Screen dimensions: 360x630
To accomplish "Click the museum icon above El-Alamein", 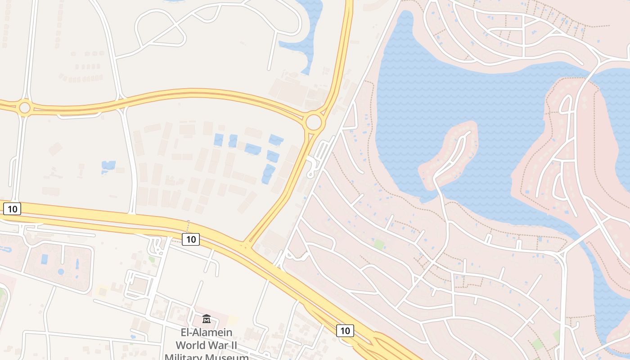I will click(x=207, y=319).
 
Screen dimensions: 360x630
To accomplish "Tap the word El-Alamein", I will click(x=207, y=333).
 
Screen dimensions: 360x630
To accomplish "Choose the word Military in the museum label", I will click(x=186, y=357).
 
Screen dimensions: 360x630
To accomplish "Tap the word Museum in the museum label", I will click(x=229, y=357).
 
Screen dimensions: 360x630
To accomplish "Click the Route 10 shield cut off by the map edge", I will click(x=12, y=209).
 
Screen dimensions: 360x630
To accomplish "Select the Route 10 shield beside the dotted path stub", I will click(x=191, y=239).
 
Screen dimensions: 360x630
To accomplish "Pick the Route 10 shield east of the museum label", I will click(x=345, y=331).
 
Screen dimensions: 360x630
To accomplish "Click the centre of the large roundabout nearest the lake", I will click(x=314, y=122).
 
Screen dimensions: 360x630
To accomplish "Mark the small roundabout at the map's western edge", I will click(x=24, y=108).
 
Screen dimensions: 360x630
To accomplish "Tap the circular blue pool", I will click(x=61, y=271).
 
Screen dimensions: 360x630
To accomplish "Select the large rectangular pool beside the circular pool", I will click(x=45, y=259).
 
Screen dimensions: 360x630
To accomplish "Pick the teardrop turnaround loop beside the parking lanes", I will click(x=310, y=173).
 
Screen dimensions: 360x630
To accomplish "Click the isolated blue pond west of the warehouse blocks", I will click(x=108, y=166).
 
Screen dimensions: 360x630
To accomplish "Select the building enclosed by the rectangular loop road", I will click(x=139, y=285).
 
